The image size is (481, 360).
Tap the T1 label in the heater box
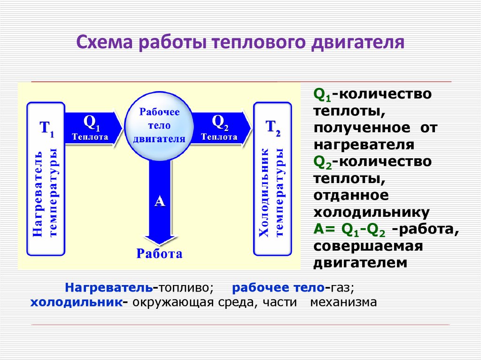(x=46, y=128)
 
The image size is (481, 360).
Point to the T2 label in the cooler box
(x=273, y=128)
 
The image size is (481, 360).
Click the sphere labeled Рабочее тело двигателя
(x=159, y=125)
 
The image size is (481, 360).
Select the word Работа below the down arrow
(x=159, y=254)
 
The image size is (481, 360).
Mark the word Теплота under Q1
(x=90, y=138)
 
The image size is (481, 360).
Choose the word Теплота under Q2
(x=219, y=137)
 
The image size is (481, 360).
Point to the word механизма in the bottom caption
(x=343, y=302)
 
